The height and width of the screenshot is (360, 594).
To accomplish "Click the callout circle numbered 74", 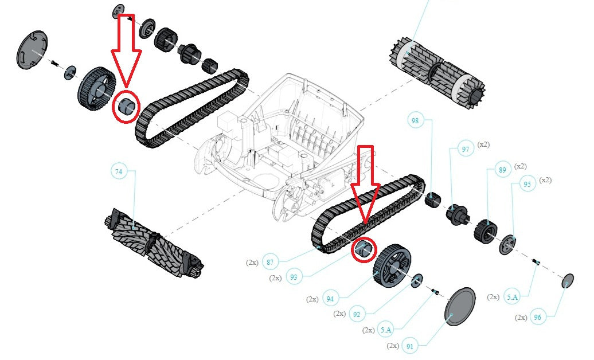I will [118, 171].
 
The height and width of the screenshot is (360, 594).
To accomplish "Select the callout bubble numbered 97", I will [465, 149].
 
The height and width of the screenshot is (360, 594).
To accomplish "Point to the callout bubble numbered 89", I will [502, 170].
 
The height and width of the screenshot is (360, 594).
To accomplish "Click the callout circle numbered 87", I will [269, 262].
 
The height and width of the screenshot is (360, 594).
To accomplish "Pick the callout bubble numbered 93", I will [294, 277].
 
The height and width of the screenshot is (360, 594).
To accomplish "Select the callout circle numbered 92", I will [357, 314].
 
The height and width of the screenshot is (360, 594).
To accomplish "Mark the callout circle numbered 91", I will [410, 346].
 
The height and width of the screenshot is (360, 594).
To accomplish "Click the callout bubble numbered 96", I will [537, 317].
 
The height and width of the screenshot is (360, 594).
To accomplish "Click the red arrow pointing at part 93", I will [366, 189].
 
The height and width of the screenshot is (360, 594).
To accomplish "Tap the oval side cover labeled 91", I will [460, 307].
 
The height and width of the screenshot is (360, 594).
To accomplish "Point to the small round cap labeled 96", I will [568, 280].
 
